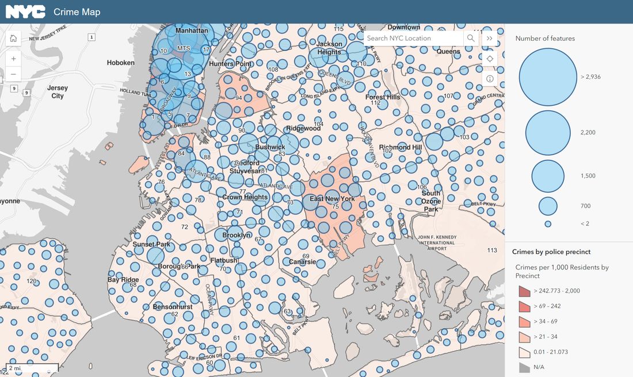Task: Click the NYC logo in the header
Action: click(x=25, y=11)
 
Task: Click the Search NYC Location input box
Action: click(x=413, y=38)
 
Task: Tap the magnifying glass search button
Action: click(x=471, y=38)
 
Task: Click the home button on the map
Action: click(x=13, y=39)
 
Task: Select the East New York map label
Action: click(x=332, y=199)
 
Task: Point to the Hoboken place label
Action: click(x=121, y=63)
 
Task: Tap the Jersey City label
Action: click(x=58, y=92)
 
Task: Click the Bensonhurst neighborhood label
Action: click(x=173, y=307)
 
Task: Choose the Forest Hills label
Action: click(x=383, y=97)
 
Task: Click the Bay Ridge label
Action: click(x=123, y=280)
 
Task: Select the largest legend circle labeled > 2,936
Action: click(x=548, y=77)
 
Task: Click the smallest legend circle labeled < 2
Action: click(x=548, y=224)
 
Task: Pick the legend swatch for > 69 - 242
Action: click(x=524, y=307)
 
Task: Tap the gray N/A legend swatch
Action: click(x=524, y=367)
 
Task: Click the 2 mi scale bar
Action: click(x=32, y=368)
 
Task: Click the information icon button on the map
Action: click(x=490, y=78)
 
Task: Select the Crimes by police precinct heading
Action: click(x=551, y=252)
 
